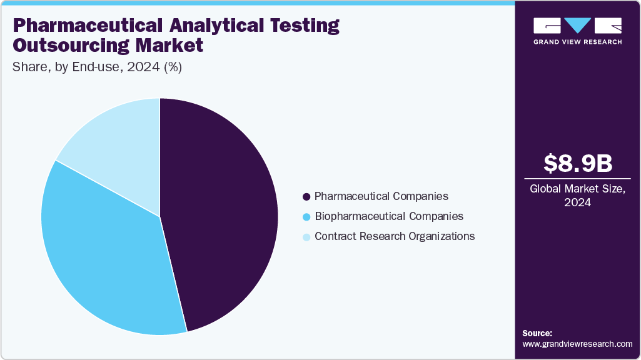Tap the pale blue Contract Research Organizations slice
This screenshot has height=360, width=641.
tap(119, 144)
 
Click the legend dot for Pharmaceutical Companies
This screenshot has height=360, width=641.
tap(306, 197)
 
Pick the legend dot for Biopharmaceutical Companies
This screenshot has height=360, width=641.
tap(306, 217)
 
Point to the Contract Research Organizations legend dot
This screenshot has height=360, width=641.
tap(306, 237)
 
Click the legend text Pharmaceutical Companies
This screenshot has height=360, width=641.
tap(381, 196)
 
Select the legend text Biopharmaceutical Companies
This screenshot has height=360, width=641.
tap(389, 216)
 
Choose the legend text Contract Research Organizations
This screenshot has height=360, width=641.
tap(395, 236)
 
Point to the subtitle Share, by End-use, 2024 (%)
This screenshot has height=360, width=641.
tap(97, 67)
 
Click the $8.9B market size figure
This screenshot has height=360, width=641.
tap(578, 164)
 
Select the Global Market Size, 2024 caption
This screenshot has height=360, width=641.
tap(578, 196)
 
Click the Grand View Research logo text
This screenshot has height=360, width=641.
tap(578, 42)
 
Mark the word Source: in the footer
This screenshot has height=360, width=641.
tap(537, 333)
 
